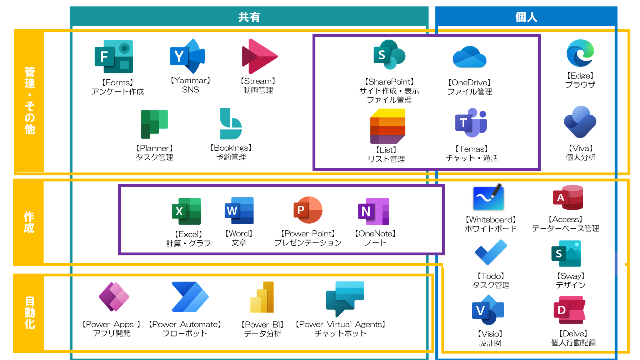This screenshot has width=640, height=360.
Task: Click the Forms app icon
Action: tap(114, 56)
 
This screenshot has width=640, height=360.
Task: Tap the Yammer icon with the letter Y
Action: tap(187, 56)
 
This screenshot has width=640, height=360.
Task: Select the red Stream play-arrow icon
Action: tap(260, 56)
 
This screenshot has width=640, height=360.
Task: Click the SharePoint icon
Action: tap(389, 55)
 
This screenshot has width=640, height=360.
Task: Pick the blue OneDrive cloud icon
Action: tap(470, 57)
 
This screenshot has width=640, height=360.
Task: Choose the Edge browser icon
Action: tap(580, 53)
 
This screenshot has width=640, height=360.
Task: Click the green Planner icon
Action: tap(154, 124)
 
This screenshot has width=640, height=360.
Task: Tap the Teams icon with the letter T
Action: tap(471, 122)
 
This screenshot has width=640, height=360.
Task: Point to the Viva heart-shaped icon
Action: tap(580, 122)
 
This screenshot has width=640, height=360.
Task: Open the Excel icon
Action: tap(186, 211)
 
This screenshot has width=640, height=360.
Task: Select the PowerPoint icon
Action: tap(308, 210)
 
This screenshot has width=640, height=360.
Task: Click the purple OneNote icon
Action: tap(374, 211)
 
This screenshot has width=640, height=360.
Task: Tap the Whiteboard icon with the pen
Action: tap(488, 197)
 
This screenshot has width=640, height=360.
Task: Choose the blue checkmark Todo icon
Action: tap(491, 252)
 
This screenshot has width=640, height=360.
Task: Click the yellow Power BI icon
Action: tap(262, 297)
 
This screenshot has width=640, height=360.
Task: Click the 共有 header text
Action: tap(249, 17)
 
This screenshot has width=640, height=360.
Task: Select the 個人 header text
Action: tap(526, 17)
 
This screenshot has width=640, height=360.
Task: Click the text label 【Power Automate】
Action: tap(185, 324)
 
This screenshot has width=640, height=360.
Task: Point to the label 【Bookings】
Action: tap(231, 148)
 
